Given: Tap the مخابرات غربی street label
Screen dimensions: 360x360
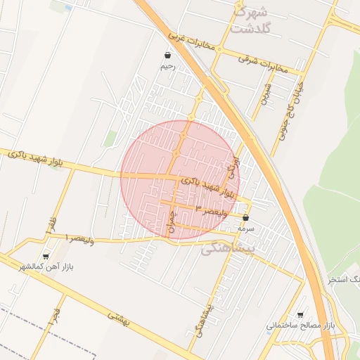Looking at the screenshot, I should tap(189, 41).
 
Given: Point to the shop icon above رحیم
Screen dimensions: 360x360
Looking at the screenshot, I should tap(167, 54).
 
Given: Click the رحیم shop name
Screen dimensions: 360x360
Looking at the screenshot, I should tap(167, 66).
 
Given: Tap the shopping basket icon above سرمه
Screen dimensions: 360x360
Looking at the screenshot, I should tap(245, 218).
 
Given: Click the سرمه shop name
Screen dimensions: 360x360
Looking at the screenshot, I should tap(245, 229).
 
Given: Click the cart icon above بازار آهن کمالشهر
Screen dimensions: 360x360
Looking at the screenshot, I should tap(46, 257).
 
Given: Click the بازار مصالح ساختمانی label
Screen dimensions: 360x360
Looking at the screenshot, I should tap(302, 326).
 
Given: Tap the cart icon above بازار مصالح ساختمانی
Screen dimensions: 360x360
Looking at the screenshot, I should tap(301, 314).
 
